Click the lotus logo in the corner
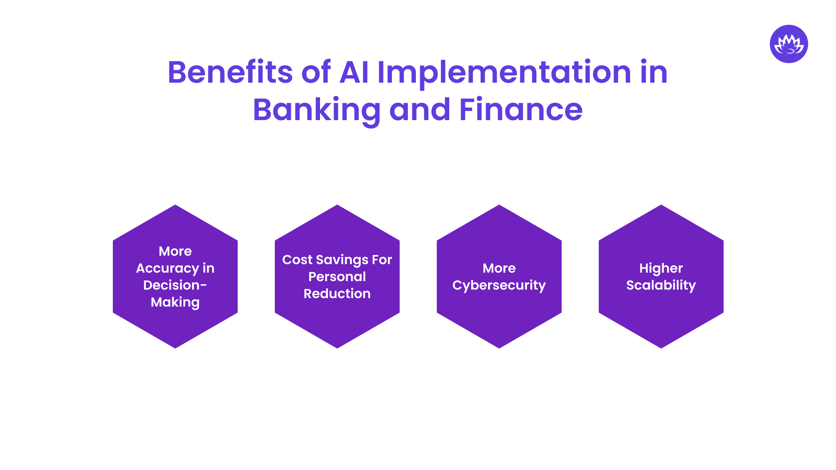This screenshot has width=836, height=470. (789, 44)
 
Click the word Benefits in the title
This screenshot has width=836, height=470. (230, 72)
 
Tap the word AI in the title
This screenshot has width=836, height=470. (354, 72)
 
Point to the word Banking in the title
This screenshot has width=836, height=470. (317, 110)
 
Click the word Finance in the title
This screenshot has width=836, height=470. (521, 110)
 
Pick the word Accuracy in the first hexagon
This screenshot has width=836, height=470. (167, 269)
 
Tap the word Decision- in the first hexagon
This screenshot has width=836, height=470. (175, 285)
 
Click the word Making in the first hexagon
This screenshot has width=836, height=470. (175, 302)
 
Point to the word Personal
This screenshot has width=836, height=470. (337, 277)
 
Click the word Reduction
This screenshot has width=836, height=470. (337, 294)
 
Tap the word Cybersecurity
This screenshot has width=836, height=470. (499, 285)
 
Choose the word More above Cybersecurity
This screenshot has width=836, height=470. (499, 268)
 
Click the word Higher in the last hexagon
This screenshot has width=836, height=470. (661, 269)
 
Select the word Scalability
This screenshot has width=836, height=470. (661, 285)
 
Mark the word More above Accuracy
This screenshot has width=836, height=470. (175, 251)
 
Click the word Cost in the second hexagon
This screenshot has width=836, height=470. (297, 260)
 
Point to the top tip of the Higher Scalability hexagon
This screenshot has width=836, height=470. (661, 206)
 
